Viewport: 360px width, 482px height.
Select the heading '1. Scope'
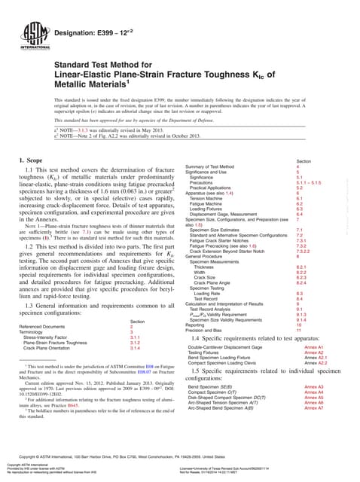click(32, 140)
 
